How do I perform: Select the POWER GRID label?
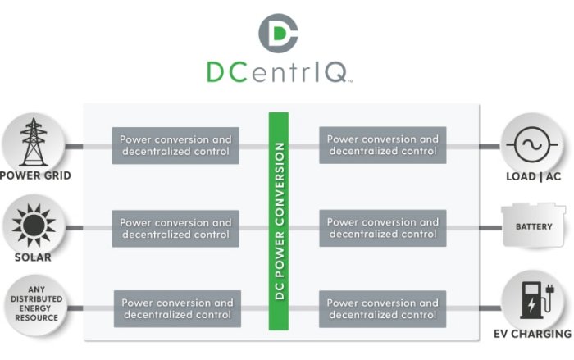[x=35, y=175]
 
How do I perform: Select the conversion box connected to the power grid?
[x=175, y=145]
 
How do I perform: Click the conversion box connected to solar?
[x=175, y=228]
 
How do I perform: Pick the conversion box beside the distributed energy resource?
[x=177, y=308]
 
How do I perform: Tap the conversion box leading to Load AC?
[x=382, y=145]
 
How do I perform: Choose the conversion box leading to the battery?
[x=382, y=228]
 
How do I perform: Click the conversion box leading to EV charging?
[x=382, y=308]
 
